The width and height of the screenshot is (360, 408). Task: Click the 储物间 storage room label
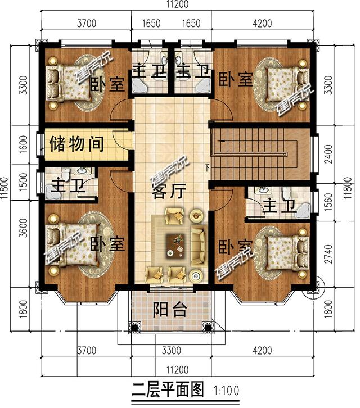[76, 144]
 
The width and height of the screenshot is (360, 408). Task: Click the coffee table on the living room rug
[177, 243]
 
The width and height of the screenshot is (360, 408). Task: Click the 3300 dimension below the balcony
[171, 352]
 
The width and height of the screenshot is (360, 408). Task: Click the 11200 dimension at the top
[179, 6]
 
